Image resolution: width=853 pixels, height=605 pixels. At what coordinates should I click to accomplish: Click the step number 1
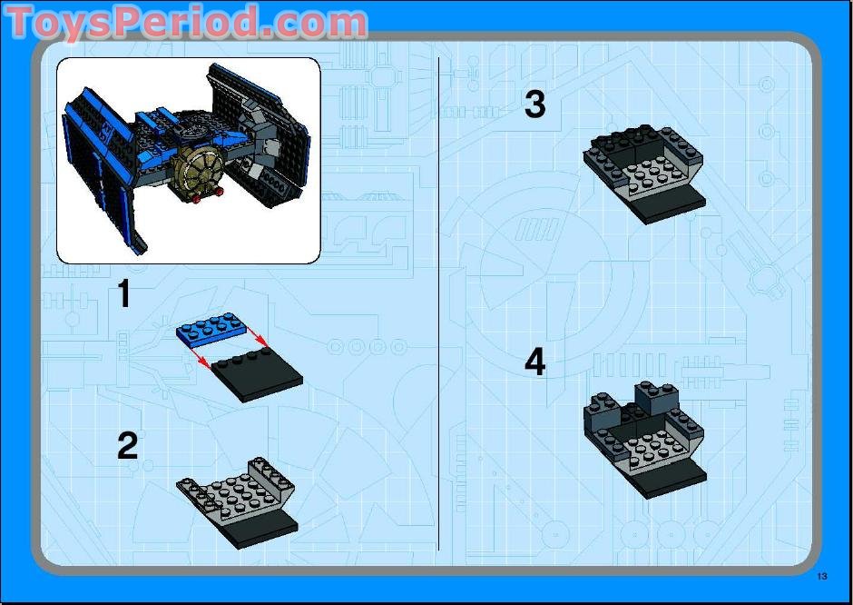124,295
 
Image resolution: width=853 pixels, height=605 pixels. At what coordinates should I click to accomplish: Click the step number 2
127,445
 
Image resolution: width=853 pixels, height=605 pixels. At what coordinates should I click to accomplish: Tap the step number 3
535,104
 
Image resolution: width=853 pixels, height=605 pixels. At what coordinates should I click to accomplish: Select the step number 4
535,362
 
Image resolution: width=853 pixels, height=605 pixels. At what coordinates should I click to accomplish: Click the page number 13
822,576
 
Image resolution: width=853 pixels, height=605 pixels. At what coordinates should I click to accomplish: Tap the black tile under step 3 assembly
676,206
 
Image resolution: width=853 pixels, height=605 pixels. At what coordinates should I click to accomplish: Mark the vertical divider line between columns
438,300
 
